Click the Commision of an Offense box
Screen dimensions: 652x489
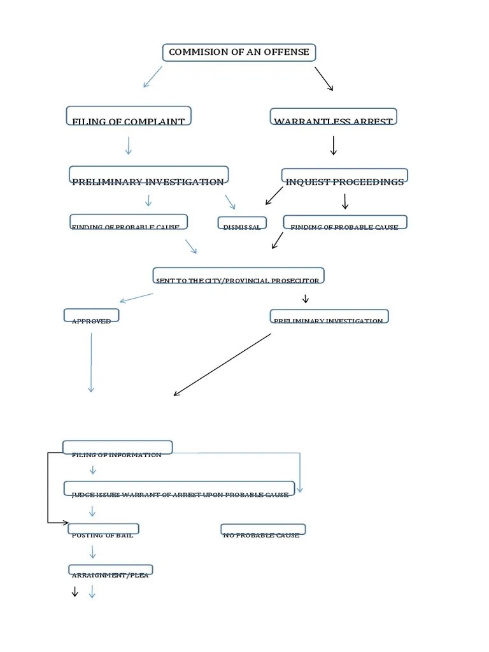[x=239, y=53]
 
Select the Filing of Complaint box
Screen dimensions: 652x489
[x=129, y=117]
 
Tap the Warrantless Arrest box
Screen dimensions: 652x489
[x=333, y=117]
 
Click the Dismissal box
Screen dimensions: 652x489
[x=242, y=223]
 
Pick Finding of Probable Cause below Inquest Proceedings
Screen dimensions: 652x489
[x=344, y=223]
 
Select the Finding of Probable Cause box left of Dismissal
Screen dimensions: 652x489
[x=129, y=222]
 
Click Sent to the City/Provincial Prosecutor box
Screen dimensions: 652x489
[x=238, y=276]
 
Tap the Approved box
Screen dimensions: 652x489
[x=91, y=316]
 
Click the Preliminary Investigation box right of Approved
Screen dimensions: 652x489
[x=329, y=316]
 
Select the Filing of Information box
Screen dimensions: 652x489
[x=117, y=448]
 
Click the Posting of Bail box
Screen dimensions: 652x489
[x=103, y=530]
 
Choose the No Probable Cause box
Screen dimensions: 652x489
[x=262, y=530]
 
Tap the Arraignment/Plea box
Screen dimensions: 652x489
[x=111, y=570]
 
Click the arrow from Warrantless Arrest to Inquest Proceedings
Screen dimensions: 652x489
[x=333, y=145]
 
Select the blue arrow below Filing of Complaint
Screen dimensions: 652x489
[x=129, y=145]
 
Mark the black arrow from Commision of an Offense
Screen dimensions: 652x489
[x=323, y=79]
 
